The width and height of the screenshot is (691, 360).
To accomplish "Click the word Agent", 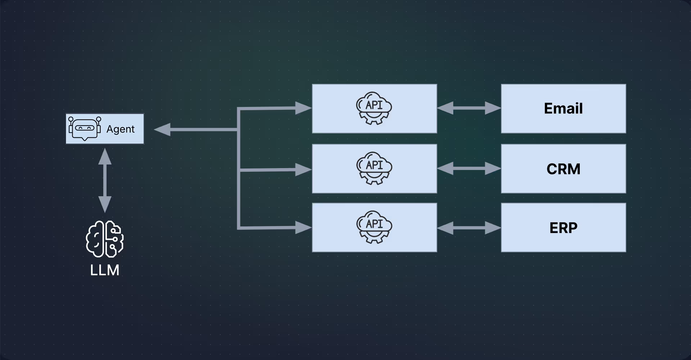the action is click(x=120, y=129).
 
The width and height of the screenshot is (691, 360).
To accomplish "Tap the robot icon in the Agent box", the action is click(x=85, y=129).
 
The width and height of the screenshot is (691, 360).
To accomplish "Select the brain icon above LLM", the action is click(x=105, y=239).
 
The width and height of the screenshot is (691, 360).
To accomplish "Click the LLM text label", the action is click(x=105, y=270).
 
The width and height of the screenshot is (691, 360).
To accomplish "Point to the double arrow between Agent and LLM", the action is click(x=105, y=180).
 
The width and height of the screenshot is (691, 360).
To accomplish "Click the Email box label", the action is click(x=563, y=108).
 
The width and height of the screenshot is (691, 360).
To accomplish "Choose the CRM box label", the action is click(x=563, y=169).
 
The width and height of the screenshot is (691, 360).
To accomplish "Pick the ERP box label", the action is click(x=563, y=228).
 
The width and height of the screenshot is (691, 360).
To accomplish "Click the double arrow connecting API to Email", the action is click(x=469, y=108).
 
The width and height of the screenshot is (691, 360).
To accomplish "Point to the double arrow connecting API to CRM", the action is click(x=469, y=168).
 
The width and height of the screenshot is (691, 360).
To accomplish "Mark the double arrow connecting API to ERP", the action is click(x=469, y=228).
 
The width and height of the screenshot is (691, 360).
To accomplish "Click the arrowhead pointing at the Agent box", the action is click(x=162, y=130).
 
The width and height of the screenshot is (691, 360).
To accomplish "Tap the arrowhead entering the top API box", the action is click(x=303, y=108).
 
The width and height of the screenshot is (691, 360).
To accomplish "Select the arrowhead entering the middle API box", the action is click(x=303, y=170).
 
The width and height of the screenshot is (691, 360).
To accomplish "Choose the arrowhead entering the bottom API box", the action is click(x=303, y=228).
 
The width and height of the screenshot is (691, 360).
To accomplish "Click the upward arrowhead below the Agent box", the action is click(x=105, y=156).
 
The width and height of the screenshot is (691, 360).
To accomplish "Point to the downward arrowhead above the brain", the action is click(x=105, y=204).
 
